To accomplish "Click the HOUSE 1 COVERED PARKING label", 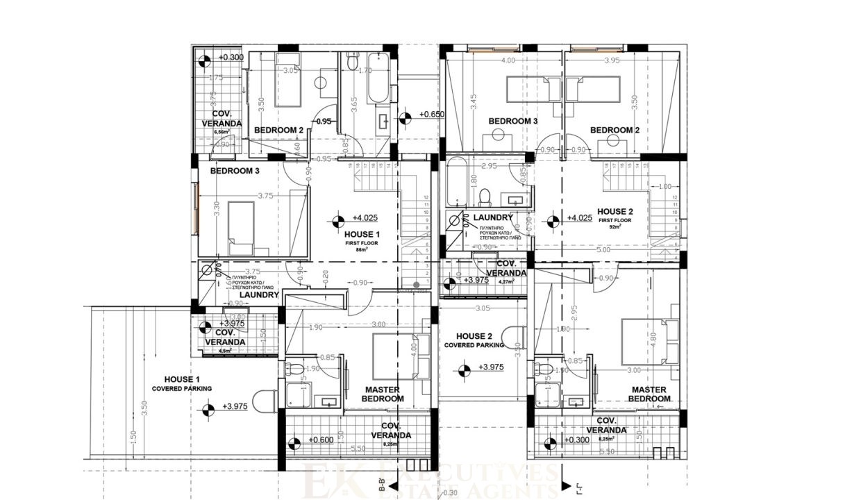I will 182,384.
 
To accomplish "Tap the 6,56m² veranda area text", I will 221,131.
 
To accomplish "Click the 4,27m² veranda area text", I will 509,282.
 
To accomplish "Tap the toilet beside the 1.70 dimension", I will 352,66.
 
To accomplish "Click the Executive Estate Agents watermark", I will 430,479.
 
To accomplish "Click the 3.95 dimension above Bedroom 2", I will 612,60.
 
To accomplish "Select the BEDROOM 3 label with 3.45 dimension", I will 513,121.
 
